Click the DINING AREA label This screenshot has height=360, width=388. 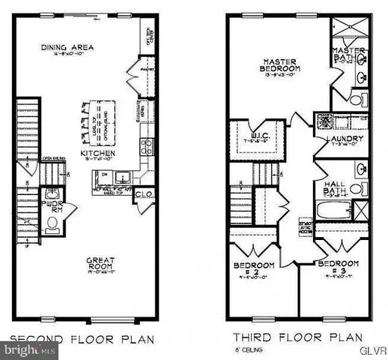coord(65,49)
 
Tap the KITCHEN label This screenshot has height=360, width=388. coord(97,152)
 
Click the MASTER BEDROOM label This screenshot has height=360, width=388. coord(279,67)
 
